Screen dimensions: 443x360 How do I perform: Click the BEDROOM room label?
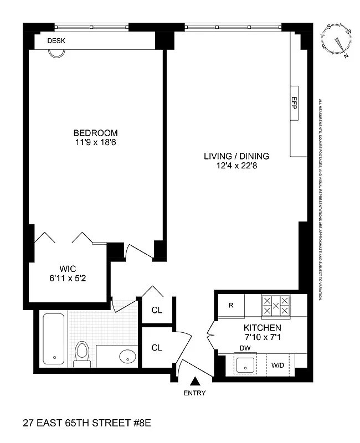pos(96,133)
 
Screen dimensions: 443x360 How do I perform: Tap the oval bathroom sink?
pos(128,356)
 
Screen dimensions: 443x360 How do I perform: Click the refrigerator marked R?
pos(232,305)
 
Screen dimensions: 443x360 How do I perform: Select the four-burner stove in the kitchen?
pos(275,306)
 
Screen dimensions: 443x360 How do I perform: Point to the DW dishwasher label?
pos(244,348)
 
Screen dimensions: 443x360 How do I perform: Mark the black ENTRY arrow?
pos(195,382)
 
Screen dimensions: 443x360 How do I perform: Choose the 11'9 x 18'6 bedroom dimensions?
pos(96,143)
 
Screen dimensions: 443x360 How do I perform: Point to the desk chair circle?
pos(55,53)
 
